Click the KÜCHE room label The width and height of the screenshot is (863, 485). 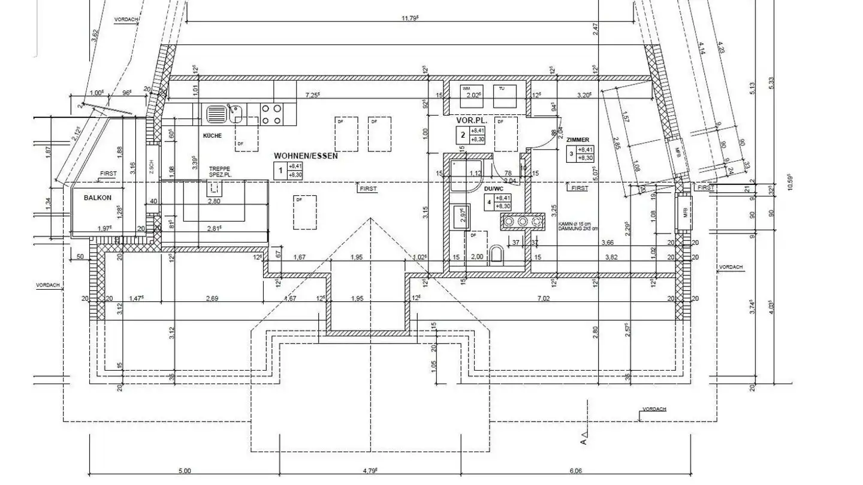tap(212, 136)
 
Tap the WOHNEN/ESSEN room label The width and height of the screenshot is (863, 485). tap(306, 156)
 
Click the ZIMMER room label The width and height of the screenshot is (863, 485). tap(577, 140)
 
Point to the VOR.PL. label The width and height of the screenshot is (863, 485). tap(469, 120)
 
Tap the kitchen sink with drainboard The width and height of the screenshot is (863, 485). tap(224, 112)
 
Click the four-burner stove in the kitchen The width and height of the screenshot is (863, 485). tap(271, 114)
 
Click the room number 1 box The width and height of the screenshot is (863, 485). tap(279, 171)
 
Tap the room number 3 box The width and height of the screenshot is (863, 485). tap(571, 154)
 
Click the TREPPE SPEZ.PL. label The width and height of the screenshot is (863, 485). tap(219, 172)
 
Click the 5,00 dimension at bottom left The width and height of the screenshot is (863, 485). tap(185, 471)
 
